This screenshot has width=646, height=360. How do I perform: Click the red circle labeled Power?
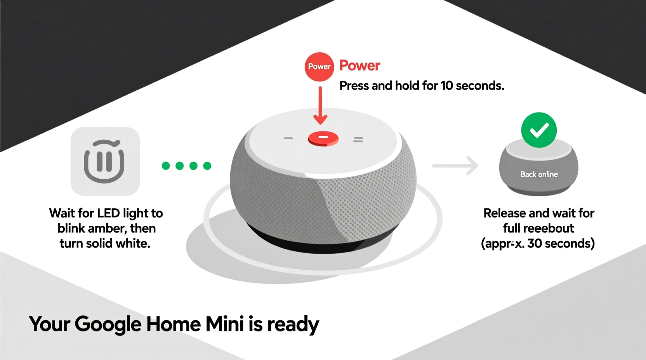tap(319, 67)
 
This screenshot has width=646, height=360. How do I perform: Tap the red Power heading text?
tap(359, 66)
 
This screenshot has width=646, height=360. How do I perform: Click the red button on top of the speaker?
tap(323, 138)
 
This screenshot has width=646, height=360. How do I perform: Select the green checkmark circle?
tap(539, 130)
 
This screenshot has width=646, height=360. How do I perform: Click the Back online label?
tap(539, 175)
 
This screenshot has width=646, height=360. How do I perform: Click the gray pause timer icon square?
tap(105, 161)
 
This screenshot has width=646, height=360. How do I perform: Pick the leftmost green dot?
tap(166, 166)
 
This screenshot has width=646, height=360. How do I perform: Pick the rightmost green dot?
tap(207, 166)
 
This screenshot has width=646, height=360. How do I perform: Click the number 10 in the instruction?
tap(447, 86)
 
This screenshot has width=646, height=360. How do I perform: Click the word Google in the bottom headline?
tap(108, 325)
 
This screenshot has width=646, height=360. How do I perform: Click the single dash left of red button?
tap(288, 138)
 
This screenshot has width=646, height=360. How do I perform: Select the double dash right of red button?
tap(358, 139)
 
